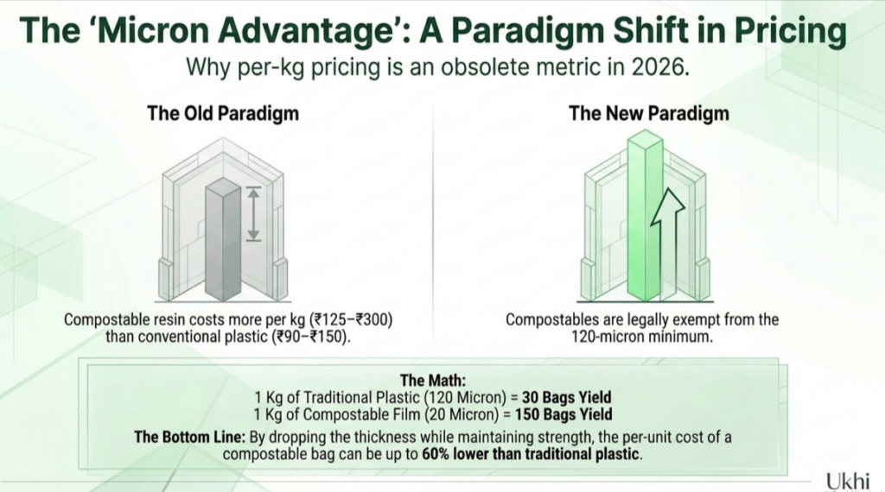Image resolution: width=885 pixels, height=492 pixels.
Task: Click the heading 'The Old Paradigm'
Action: pos(223,113)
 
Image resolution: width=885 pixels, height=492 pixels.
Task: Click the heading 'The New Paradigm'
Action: pos(648,113)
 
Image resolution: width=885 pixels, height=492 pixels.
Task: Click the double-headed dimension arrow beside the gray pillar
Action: pos(253,214)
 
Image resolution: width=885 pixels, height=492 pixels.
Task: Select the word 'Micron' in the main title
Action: pos(149,30)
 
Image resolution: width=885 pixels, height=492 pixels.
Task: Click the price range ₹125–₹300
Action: pos(352,319)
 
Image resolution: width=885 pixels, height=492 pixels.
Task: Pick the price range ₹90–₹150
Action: pos(311,337)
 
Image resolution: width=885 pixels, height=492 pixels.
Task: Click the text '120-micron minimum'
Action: pos(642,337)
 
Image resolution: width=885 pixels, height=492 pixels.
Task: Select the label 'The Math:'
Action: pos(433,381)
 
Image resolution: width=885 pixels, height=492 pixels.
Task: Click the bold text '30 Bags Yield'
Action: pos(567,397)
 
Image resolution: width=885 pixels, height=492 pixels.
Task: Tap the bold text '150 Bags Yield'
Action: pos(563,415)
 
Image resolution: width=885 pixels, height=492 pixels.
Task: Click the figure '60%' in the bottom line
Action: pos(436,454)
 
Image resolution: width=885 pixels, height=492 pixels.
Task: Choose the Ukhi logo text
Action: pos(847,482)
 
